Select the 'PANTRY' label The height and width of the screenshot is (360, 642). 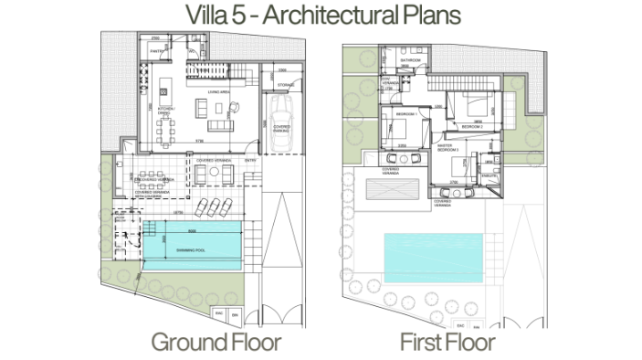156,51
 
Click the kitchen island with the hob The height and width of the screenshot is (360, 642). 164,91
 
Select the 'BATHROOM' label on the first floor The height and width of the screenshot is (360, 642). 411,60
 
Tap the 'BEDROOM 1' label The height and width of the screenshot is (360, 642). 403,113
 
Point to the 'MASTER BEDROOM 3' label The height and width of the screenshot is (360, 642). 445,147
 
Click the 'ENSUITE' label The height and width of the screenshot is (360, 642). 488,175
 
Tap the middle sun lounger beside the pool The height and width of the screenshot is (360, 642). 212,207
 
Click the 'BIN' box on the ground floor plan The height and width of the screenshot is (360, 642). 234,312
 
